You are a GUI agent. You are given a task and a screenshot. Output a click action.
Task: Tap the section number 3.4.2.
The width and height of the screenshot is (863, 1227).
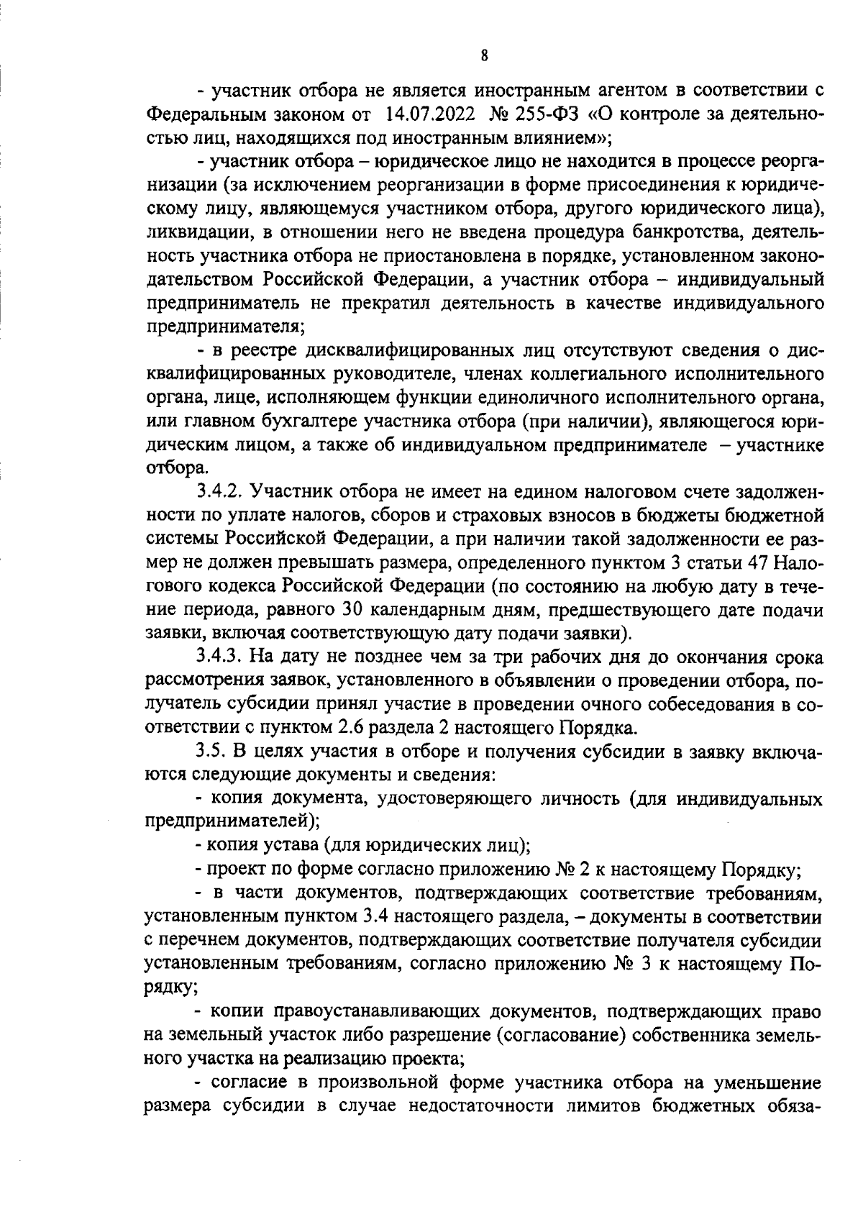tap(220, 492)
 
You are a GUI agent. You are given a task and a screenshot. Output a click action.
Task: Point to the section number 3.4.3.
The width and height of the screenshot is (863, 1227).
tap(220, 657)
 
